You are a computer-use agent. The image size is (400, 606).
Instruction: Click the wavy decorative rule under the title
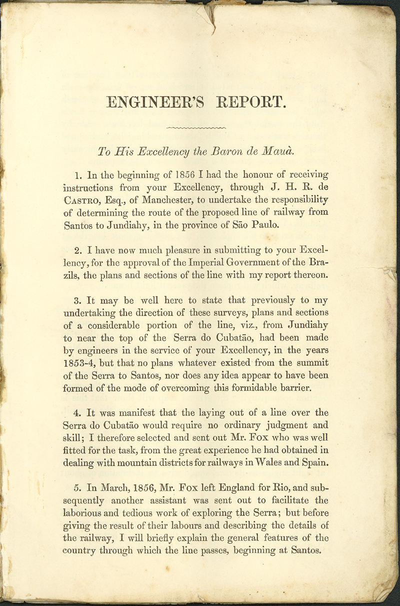pyautogui.click(x=196, y=129)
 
